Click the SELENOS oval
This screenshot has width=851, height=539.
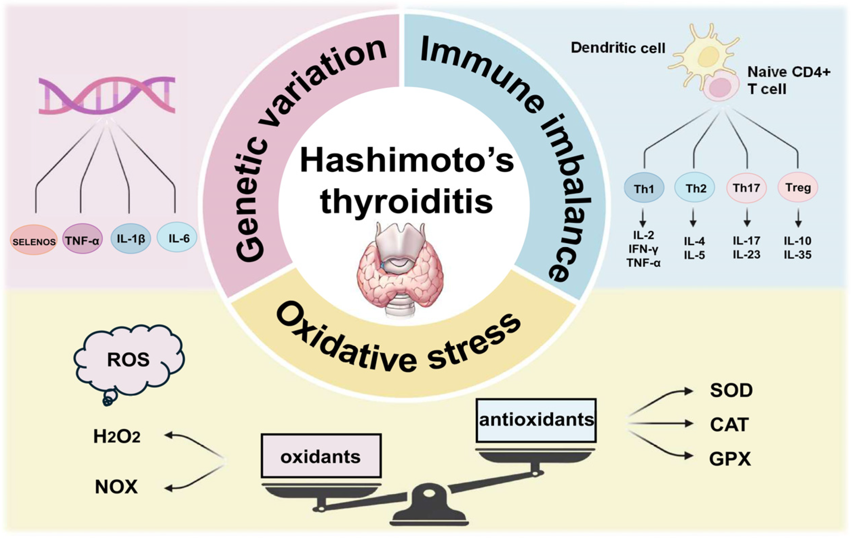(x=34, y=240)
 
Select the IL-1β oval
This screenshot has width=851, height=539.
(x=131, y=239)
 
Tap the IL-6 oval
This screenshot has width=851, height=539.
(x=177, y=238)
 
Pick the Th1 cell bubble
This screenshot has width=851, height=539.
(x=644, y=188)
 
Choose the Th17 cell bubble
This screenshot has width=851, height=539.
(x=746, y=188)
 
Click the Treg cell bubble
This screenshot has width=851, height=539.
(x=798, y=187)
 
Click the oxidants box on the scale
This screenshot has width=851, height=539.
(x=321, y=456)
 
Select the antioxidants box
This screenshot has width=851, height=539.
(x=536, y=420)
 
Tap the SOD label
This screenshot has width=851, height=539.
(x=731, y=391)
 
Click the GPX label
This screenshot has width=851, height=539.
(x=730, y=459)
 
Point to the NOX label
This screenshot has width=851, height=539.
(x=116, y=487)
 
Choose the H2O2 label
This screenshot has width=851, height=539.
(x=117, y=437)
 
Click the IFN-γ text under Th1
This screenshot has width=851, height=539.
(x=643, y=249)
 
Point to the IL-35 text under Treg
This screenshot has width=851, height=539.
(x=798, y=255)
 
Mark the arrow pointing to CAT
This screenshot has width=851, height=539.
(x=661, y=423)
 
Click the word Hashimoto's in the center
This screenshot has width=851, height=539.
(x=406, y=161)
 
